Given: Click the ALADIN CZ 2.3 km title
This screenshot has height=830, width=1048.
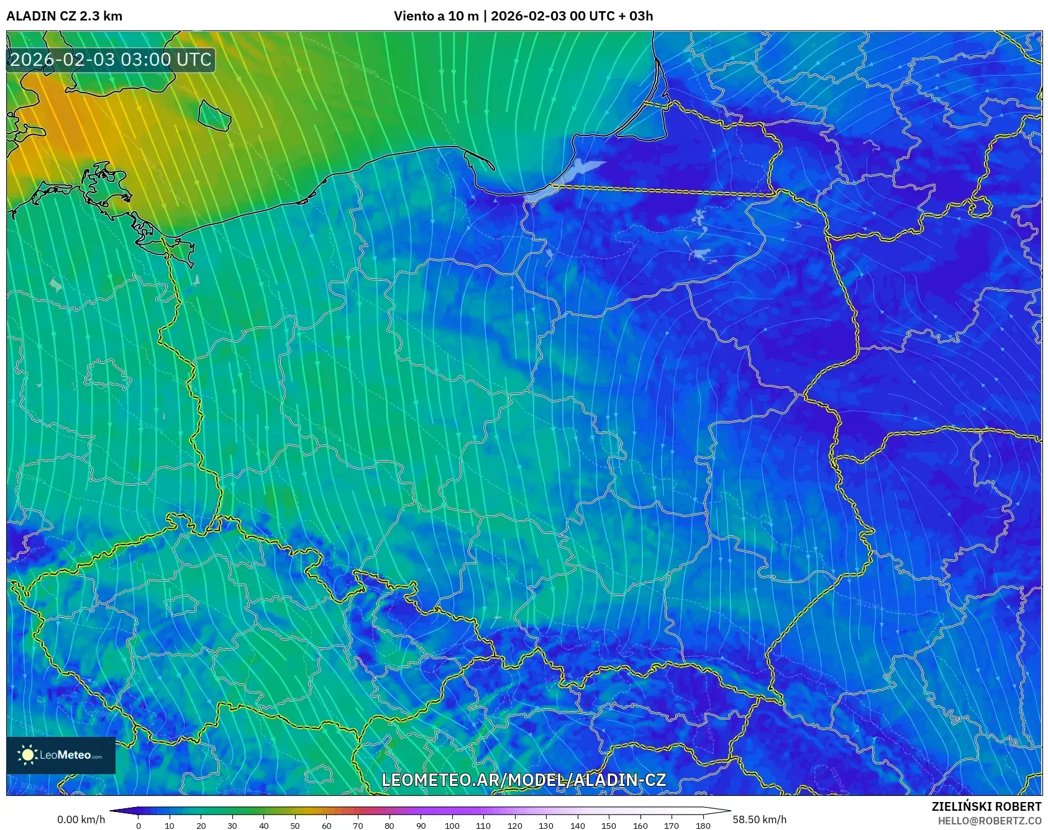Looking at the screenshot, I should (64, 16).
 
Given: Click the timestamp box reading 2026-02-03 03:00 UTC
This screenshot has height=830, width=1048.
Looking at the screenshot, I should (111, 60).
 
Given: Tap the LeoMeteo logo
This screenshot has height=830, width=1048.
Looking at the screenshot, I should (61, 755).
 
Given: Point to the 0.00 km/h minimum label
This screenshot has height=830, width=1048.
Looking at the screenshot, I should (81, 819).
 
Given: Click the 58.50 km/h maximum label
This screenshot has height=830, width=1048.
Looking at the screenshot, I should (759, 819).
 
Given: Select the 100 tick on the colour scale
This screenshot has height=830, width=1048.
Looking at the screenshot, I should (452, 826).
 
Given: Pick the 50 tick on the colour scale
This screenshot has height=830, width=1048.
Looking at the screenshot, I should (295, 826).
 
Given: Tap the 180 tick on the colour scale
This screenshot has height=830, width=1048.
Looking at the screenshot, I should (703, 826).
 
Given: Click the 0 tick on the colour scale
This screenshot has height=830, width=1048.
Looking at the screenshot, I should (138, 826).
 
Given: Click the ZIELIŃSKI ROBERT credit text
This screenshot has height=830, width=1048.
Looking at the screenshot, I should (986, 806).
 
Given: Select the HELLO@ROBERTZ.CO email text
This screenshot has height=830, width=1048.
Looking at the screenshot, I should (989, 821).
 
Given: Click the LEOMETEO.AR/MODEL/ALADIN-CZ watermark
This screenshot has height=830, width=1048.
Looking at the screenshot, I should (523, 780).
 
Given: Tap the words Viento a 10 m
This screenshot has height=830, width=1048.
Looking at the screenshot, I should (436, 16).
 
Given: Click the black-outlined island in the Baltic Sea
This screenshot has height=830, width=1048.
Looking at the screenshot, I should (214, 115).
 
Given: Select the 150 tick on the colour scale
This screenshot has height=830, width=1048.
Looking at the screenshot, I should (609, 826).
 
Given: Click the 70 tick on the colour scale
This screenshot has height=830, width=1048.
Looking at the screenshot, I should (358, 826).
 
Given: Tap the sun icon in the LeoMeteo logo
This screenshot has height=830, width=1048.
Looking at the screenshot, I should (28, 755).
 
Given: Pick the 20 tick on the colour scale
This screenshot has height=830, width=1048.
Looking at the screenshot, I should (201, 826).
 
